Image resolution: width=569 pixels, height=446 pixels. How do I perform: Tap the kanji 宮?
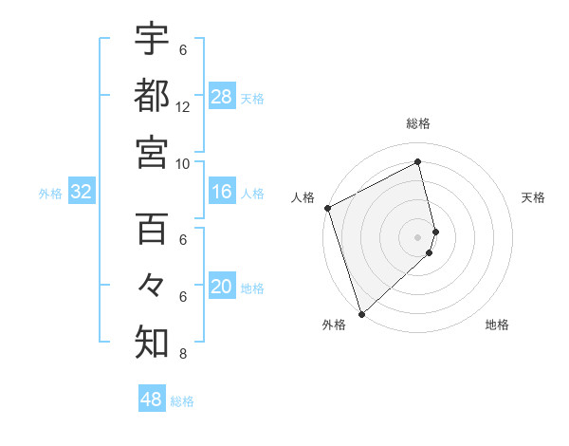152,151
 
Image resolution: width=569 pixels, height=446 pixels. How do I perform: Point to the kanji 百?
152,229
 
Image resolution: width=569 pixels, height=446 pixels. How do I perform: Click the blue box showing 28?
222,97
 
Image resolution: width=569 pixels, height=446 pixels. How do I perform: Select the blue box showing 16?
222,193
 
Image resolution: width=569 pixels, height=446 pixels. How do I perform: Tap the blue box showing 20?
222,288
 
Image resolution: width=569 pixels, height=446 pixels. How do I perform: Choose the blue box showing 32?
82,193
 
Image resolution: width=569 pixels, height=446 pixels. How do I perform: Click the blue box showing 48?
152,400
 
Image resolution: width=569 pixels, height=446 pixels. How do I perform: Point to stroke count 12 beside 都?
183,106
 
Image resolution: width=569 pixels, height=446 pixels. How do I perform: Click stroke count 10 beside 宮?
183,163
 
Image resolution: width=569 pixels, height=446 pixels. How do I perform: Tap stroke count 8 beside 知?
183,355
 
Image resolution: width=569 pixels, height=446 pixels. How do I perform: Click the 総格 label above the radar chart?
418,123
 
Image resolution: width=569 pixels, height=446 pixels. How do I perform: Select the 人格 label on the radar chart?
303,197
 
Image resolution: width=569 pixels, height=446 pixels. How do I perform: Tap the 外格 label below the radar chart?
334,325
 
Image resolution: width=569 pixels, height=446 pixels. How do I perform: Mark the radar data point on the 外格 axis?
360,313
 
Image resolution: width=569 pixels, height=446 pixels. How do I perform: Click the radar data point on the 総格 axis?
418,161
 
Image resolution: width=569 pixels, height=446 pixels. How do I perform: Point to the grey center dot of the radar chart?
418,235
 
